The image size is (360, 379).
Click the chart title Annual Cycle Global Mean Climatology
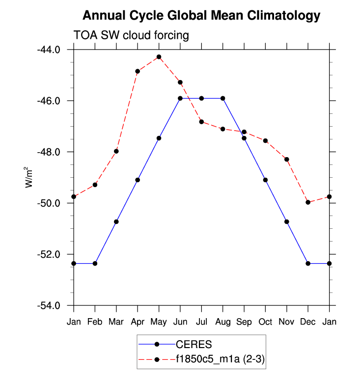[x=201, y=16]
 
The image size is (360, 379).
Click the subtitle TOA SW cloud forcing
[x=131, y=35]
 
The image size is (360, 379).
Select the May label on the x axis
[x=159, y=322]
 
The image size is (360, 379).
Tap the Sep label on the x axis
[x=244, y=322]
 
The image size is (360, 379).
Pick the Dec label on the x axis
[x=308, y=322]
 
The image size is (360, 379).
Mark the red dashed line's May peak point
[x=159, y=57]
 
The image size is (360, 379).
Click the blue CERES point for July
[x=201, y=98]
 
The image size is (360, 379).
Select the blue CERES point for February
[x=95, y=263]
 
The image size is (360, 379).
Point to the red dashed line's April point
[x=138, y=71]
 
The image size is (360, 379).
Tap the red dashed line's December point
[x=308, y=202]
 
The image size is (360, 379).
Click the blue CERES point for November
[x=287, y=221]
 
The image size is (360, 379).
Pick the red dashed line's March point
[x=116, y=151]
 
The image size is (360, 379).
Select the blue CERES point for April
[x=138, y=180]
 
